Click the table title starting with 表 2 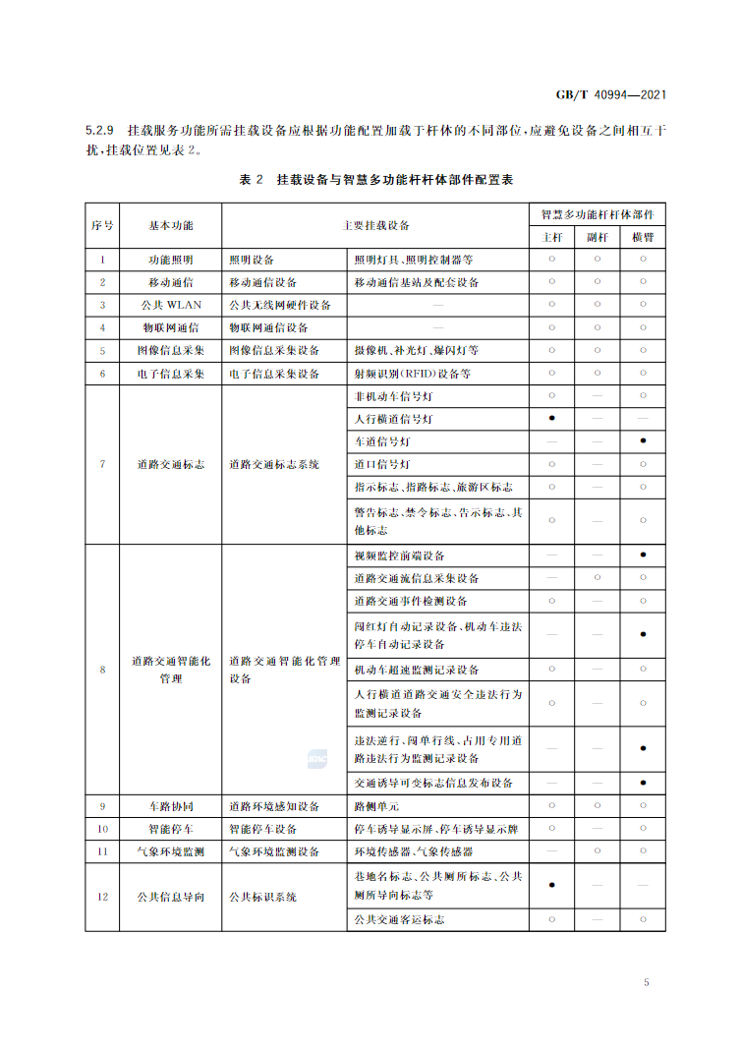coord(376,180)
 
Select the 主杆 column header coord(552,237)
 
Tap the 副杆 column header coord(598,237)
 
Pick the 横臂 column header coord(643,237)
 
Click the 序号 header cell coord(102,225)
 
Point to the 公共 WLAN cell coord(171,305)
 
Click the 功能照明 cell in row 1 coord(171,260)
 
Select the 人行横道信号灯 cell coord(392,419)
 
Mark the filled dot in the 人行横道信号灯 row coord(552,419)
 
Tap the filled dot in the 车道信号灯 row coord(643,441)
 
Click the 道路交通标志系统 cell coord(274,464)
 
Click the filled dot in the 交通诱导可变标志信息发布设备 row coord(643,784)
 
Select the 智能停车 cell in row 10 coord(171,829)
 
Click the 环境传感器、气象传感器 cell coord(414,851)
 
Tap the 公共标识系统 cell coord(263,897)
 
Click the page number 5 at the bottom coord(647,982)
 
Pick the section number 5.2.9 coord(101,131)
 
